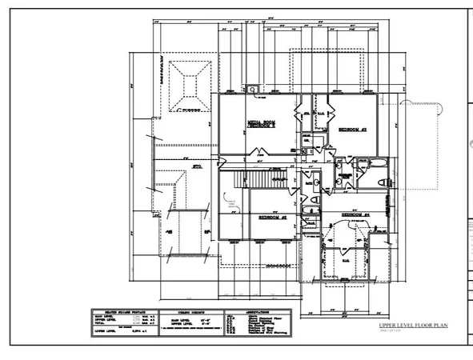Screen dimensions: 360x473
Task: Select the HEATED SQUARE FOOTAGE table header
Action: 118,312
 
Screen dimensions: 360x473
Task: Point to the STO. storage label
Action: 194,167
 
